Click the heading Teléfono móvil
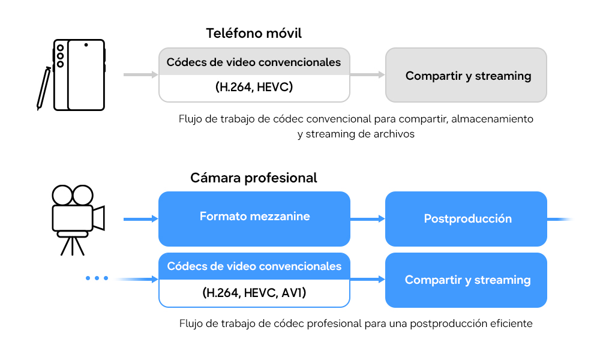click(254, 33)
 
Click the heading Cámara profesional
click(254, 178)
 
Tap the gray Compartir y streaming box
click(466, 76)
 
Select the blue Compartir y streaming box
click(466, 280)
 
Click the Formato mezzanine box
click(254, 217)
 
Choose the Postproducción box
click(466, 218)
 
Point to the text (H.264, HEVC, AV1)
click(254, 293)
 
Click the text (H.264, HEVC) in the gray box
click(254, 88)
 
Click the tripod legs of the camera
click(72, 245)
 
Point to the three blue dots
click(97, 278)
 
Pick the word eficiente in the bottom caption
click(510, 323)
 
